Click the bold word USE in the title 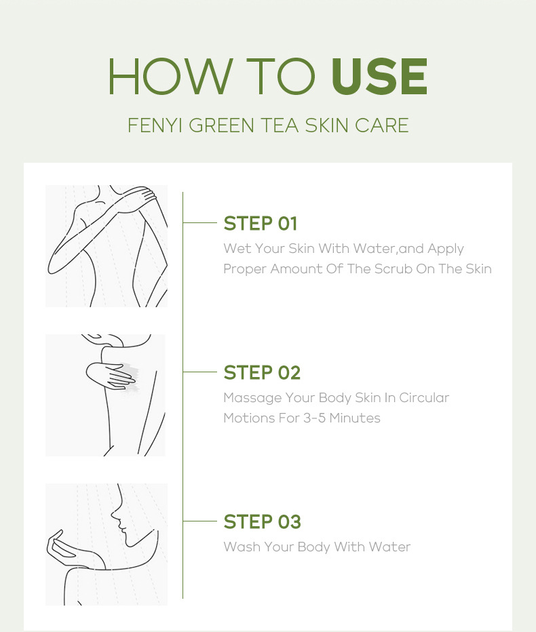[x=379, y=76]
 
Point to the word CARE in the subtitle [x=381, y=125]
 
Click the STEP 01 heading [x=261, y=223]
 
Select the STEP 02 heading [x=262, y=372]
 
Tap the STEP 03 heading [x=262, y=521]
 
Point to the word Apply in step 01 [x=446, y=249]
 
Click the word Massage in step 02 [x=253, y=398]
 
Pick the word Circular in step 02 [x=424, y=398]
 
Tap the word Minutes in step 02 [x=355, y=418]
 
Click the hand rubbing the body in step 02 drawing [x=111, y=376]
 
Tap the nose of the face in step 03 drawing [x=114, y=515]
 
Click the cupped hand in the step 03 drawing [x=64, y=547]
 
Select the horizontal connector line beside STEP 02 [x=200, y=372]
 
